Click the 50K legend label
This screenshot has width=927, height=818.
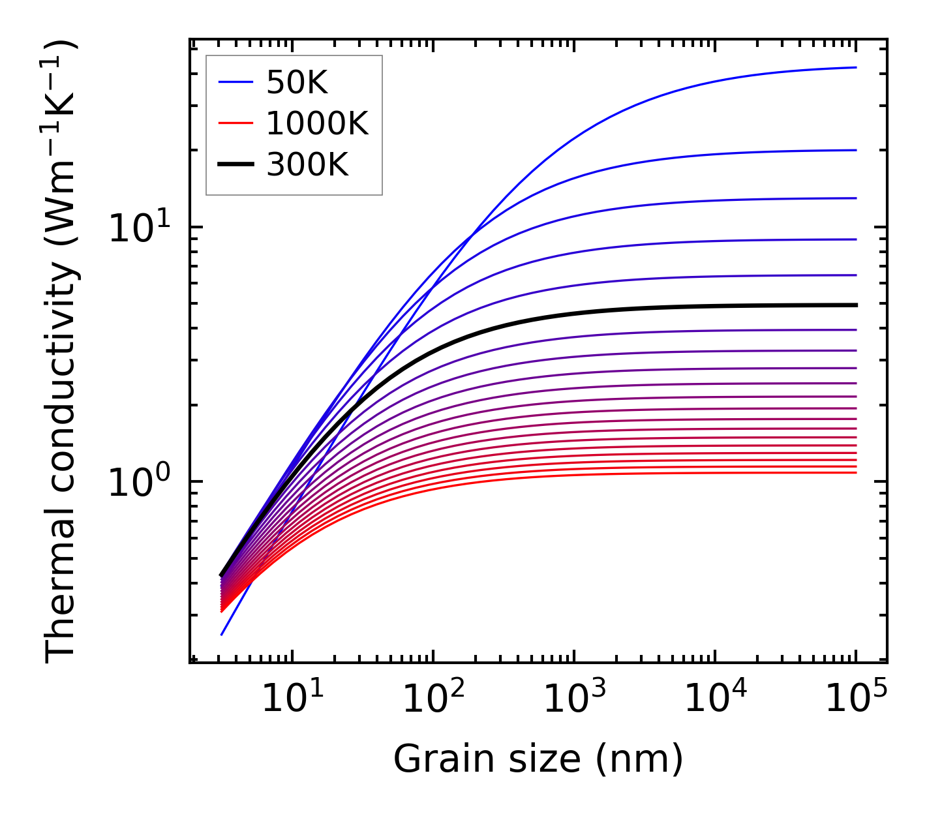click(x=296, y=83)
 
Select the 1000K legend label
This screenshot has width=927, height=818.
click(x=317, y=123)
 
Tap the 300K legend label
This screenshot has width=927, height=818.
click(x=307, y=165)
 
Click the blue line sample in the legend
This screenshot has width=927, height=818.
click(x=235, y=82)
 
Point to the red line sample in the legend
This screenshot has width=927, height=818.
click(x=235, y=123)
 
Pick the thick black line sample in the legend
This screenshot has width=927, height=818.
click(x=235, y=165)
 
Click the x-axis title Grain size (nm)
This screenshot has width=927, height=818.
click(x=538, y=759)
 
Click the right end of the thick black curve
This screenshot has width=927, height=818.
click(x=855, y=305)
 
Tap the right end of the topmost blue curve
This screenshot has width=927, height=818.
click(x=855, y=67)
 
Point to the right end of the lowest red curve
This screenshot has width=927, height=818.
click(x=855, y=472)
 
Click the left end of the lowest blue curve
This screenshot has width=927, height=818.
click(x=222, y=634)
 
